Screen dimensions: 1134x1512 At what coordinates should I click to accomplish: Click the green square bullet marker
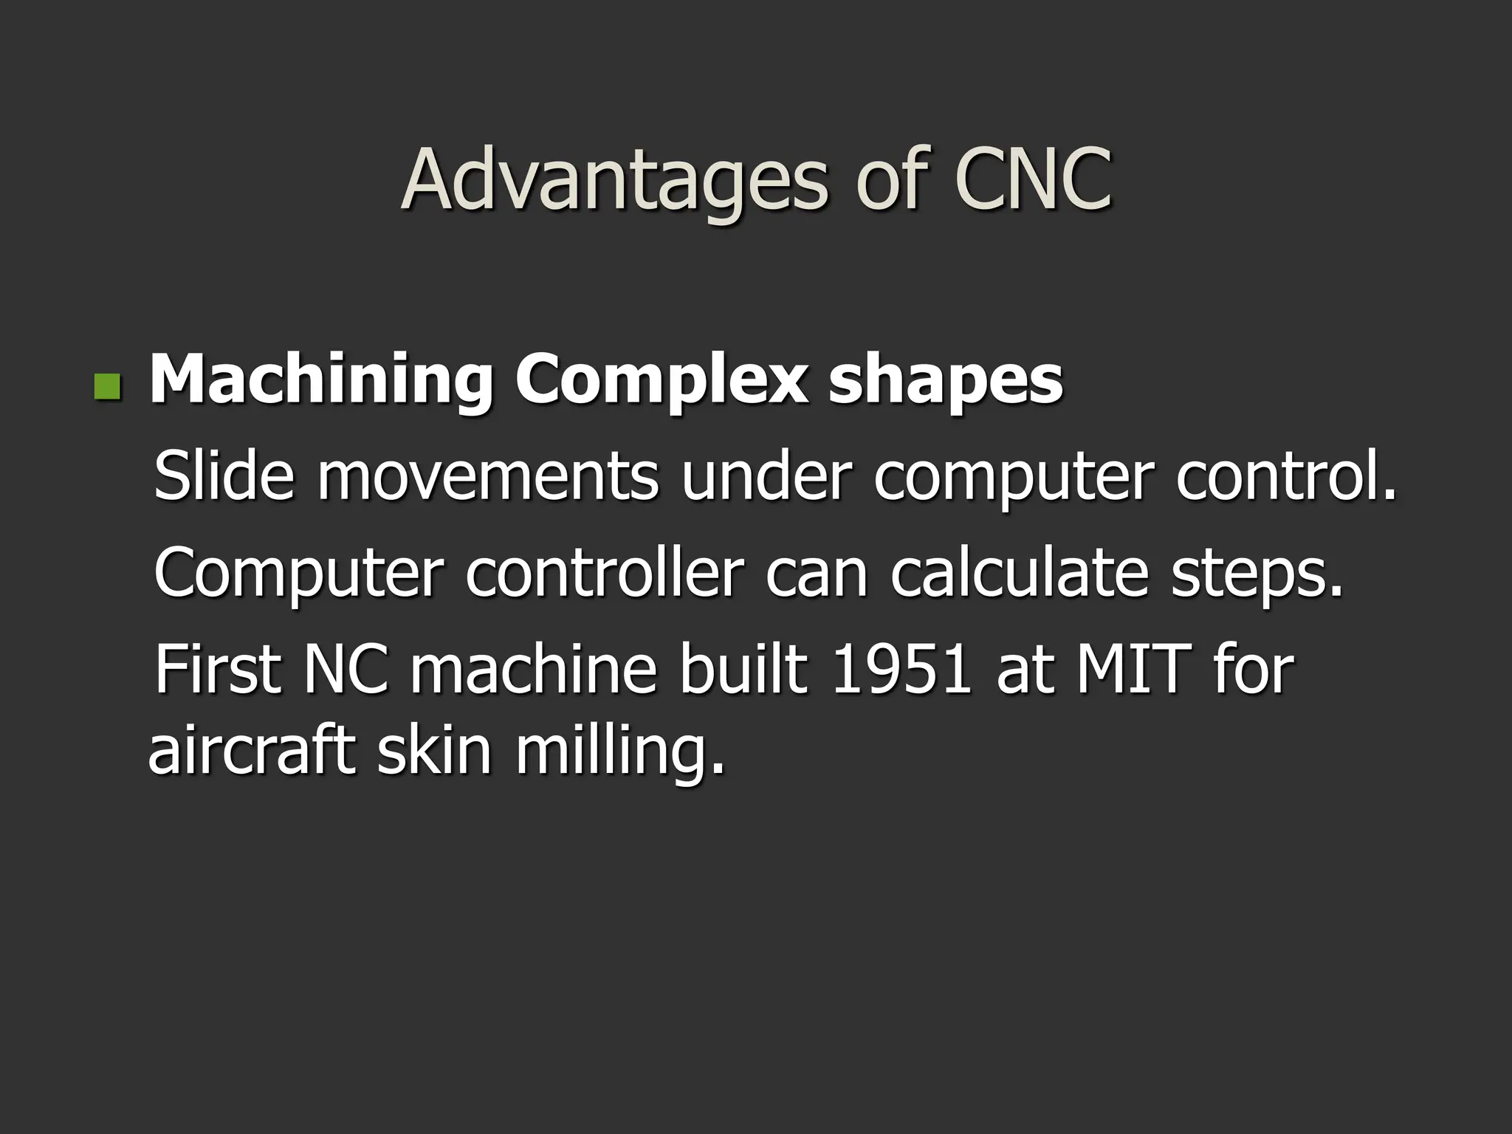pos(107,385)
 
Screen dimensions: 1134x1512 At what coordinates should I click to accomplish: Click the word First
pos(218,670)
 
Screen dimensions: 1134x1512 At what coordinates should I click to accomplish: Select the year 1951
pos(900,670)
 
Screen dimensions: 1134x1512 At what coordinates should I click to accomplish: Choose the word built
pos(743,670)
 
